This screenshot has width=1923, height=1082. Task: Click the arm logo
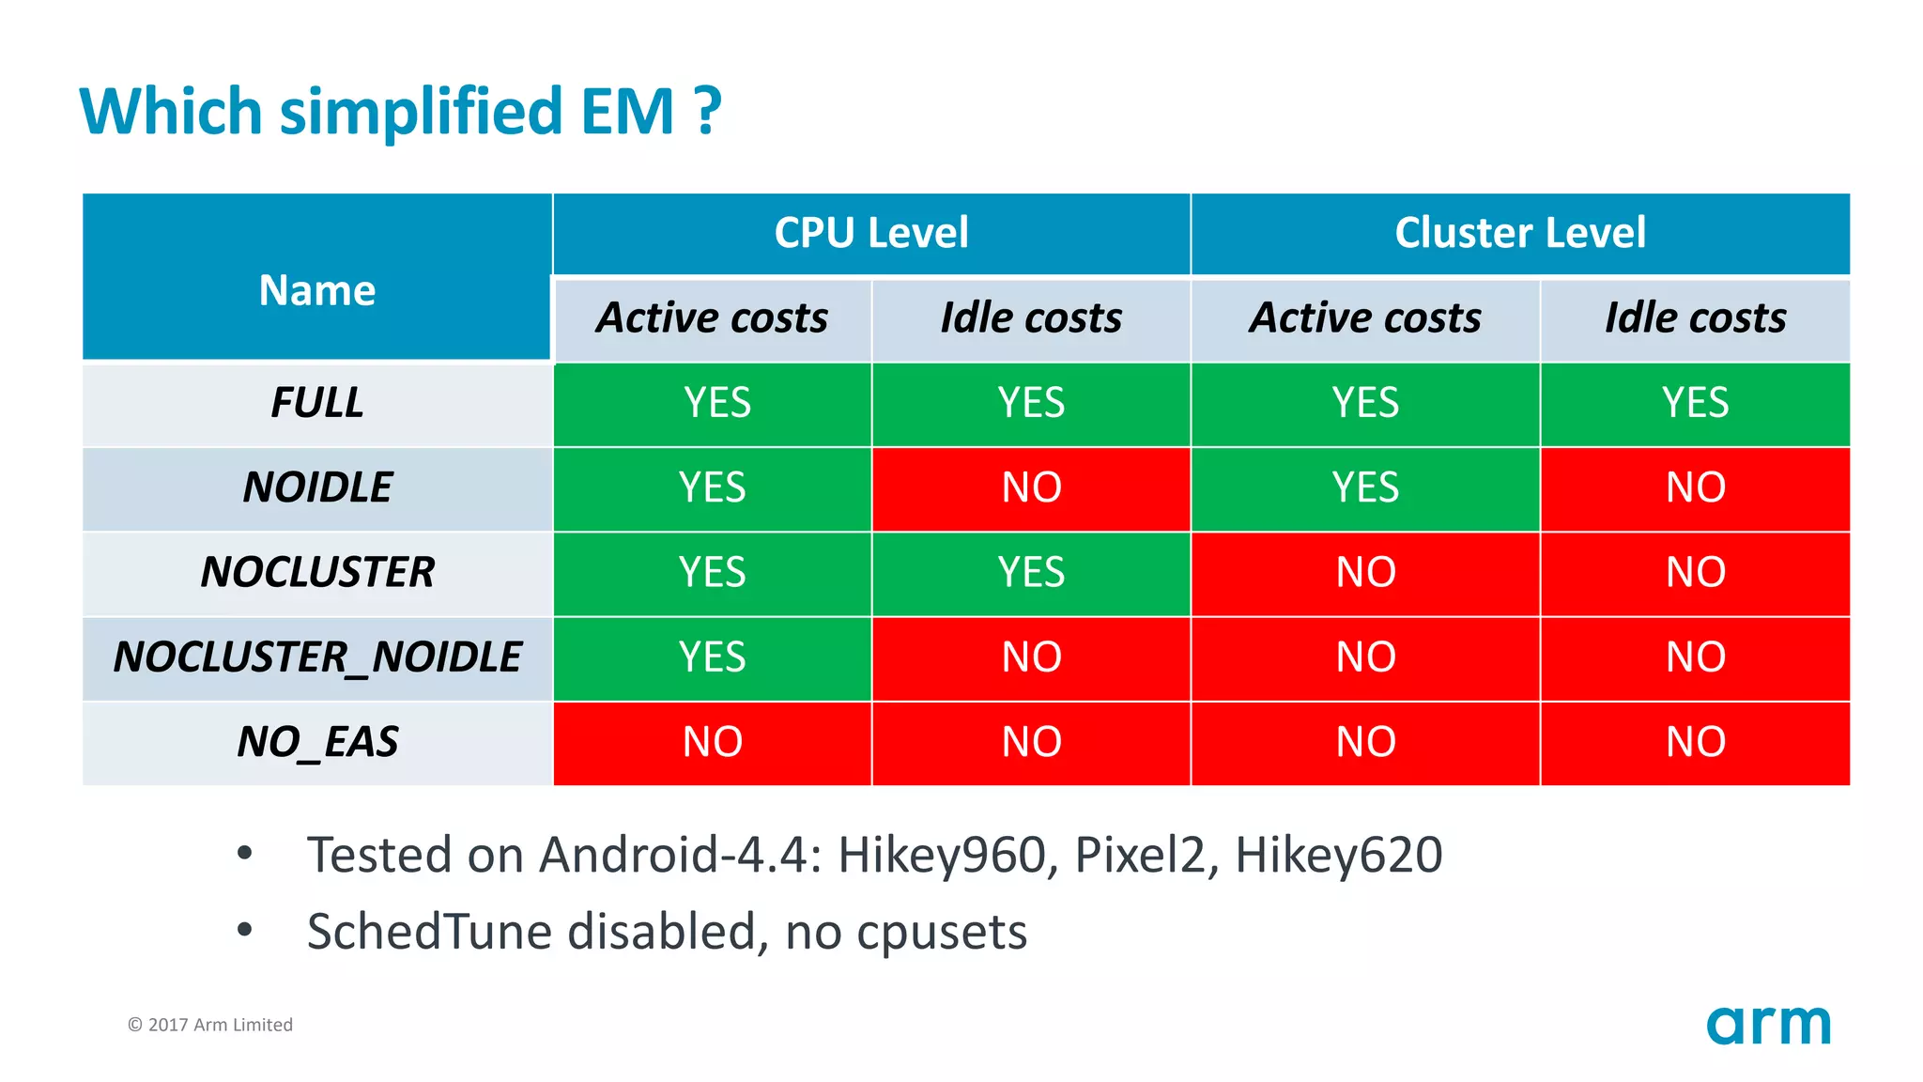click(x=1768, y=1025)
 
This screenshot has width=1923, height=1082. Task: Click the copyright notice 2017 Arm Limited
click(x=210, y=1025)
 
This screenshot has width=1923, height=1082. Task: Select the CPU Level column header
click(x=871, y=233)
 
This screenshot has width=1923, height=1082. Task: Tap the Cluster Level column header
click(x=1520, y=233)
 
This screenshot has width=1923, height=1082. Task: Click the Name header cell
click(x=316, y=290)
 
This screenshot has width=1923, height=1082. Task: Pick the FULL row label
click(x=316, y=403)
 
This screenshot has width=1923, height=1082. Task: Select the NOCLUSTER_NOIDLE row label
click(x=316, y=657)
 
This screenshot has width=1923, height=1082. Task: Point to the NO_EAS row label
click(x=316, y=742)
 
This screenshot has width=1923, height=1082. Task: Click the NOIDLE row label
click(x=316, y=487)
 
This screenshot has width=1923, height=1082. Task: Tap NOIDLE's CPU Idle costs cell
click(x=1031, y=488)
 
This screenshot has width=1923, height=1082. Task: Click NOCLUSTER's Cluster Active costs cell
click(x=1365, y=573)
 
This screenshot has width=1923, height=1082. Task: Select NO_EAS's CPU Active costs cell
click(x=712, y=742)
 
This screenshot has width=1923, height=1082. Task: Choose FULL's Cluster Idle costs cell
click(x=1695, y=403)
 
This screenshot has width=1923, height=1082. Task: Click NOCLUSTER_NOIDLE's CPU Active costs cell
click(x=712, y=657)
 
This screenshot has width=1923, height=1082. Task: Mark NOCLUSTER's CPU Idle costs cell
click(x=1031, y=573)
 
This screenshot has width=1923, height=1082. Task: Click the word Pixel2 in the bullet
click(x=1138, y=856)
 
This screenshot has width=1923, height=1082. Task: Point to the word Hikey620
click(x=1338, y=856)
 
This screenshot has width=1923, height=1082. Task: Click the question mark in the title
click(x=709, y=111)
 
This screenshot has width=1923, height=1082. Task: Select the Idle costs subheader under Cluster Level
click(x=1695, y=317)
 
